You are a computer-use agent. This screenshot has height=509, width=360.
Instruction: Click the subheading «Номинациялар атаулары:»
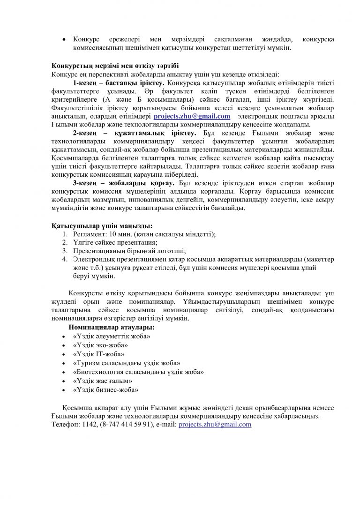pyautogui.click(x=112, y=327)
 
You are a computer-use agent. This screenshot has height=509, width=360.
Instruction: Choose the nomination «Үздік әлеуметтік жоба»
pyautogui.click(x=112, y=336)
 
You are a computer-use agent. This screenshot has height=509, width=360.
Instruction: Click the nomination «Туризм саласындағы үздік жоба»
pyautogui.click(x=127, y=363)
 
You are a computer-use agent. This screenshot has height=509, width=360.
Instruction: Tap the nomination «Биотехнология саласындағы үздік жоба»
pyautogui.click(x=138, y=372)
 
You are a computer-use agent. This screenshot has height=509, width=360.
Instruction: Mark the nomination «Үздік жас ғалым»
pyautogui.click(x=103, y=381)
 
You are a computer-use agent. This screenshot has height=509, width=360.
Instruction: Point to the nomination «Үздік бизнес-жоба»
pyautogui.click(x=105, y=389)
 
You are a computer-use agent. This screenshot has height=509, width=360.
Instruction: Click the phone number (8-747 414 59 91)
pyautogui.click(x=126, y=424)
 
